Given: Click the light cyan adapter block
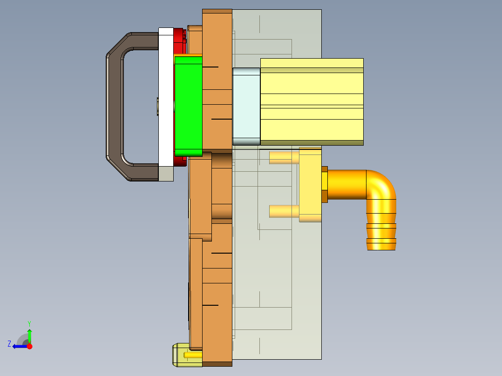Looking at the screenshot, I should [246, 106].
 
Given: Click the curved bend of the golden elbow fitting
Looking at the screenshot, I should [382, 186].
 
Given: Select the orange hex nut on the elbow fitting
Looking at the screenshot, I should [325, 184].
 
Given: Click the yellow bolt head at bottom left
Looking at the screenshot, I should [181, 355].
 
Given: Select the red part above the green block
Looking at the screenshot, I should [178, 42].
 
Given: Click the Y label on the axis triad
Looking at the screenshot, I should [29, 323].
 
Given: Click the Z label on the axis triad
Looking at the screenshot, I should [9, 344].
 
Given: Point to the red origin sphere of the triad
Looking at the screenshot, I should [29, 346].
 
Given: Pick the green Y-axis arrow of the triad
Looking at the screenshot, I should [29, 335].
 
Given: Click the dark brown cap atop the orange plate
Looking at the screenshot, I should [217, 11].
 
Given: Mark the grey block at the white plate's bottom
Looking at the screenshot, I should [166, 174].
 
